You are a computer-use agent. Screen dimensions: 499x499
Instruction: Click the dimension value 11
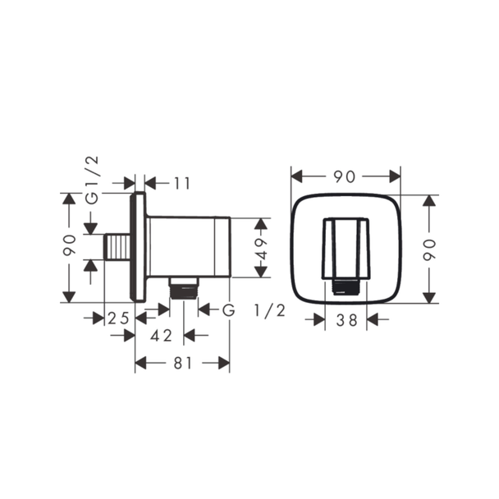coord(182,183)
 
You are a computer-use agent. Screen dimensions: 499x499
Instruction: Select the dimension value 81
coord(183,363)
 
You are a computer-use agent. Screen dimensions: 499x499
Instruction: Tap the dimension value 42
coord(161,336)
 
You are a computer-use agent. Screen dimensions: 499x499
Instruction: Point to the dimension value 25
coord(118,318)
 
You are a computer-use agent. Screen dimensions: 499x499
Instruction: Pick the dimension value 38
coord(346,320)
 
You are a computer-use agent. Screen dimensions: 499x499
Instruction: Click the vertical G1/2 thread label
coord(93,180)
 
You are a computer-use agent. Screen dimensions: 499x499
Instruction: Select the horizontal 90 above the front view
coord(344,176)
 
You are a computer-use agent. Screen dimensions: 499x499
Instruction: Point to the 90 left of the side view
coord(69,245)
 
